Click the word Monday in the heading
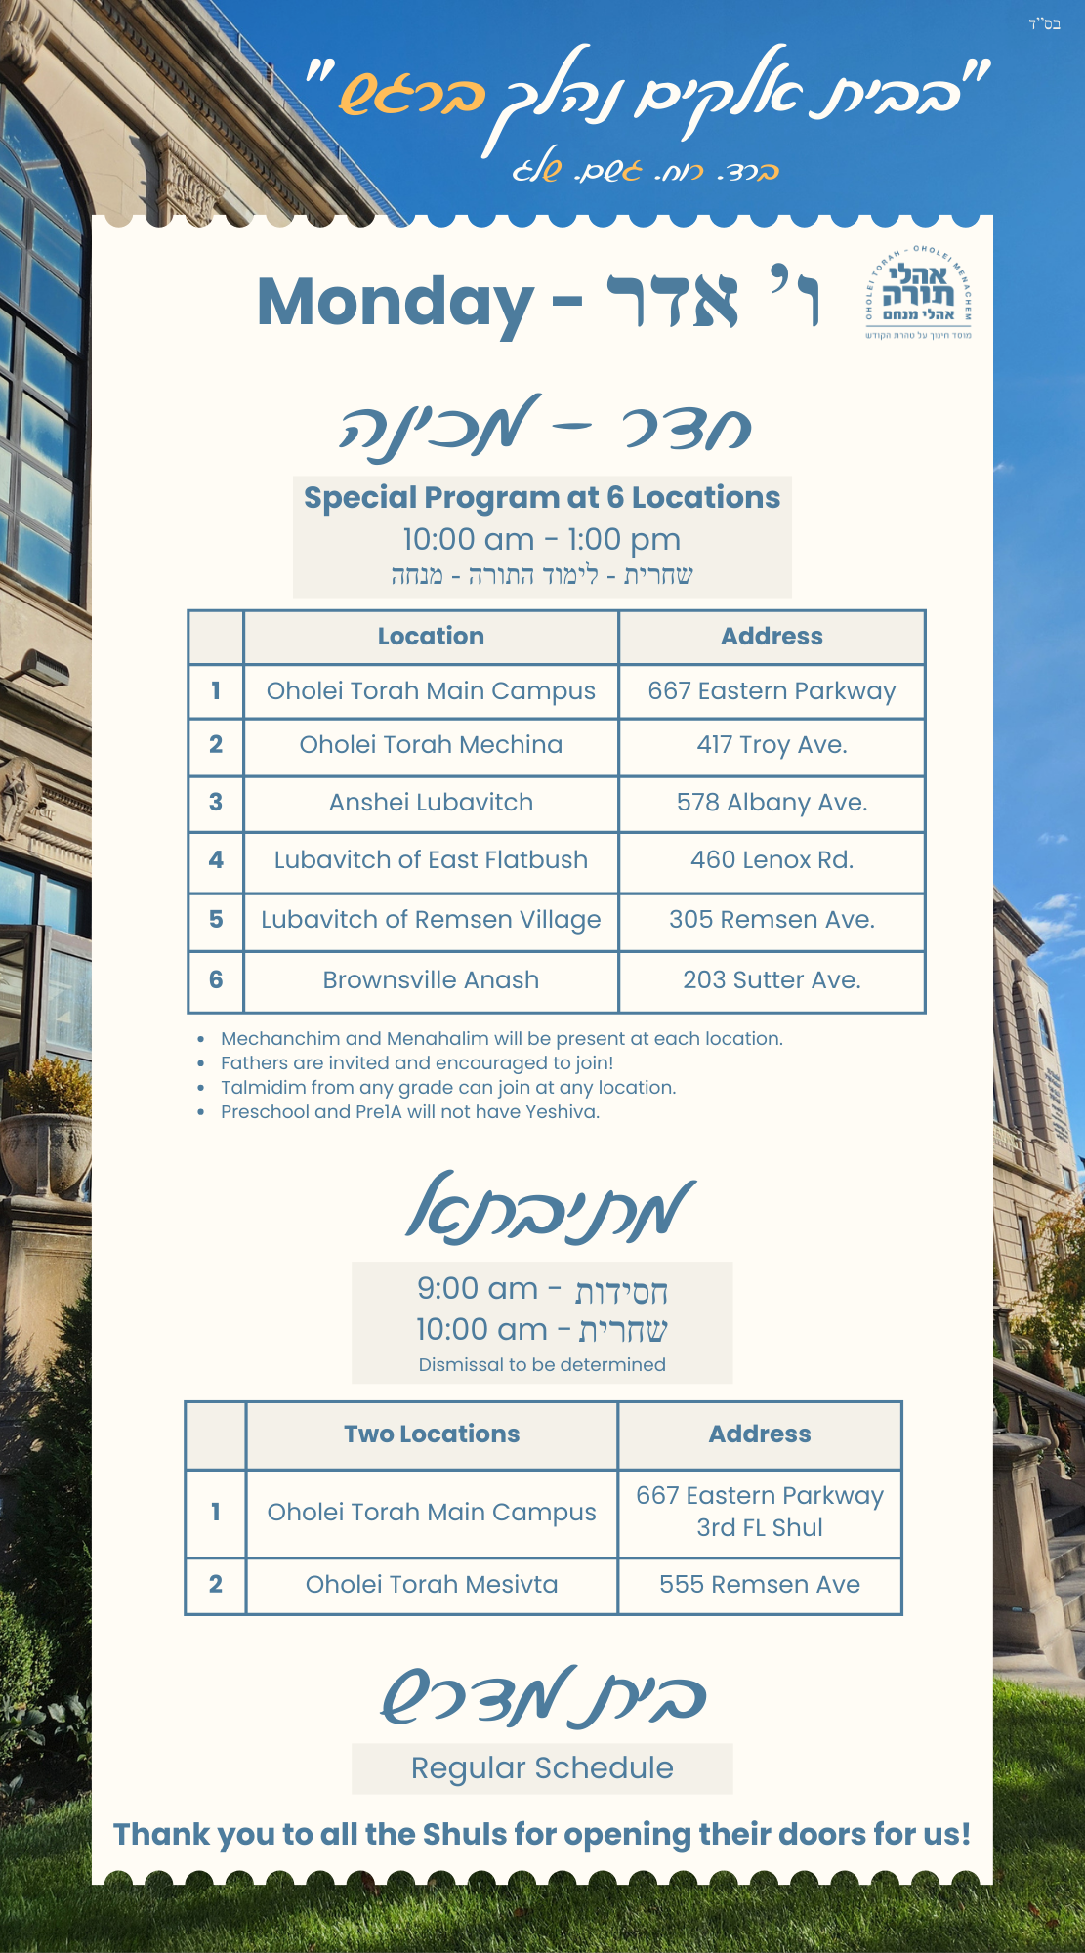(x=395, y=302)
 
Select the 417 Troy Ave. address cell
(x=772, y=745)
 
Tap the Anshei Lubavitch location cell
(x=431, y=803)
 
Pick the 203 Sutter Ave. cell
(x=772, y=980)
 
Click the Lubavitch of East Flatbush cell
(x=431, y=860)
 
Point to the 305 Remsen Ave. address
(x=772, y=920)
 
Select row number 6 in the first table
(x=216, y=980)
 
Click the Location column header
(x=431, y=637)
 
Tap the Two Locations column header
(x=431, y=1434)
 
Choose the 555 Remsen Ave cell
(x=759, y=1585)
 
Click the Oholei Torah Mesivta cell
(x=431, y=1585)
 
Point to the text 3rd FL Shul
(x=759, y=1528)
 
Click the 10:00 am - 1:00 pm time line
(x=542, y=539)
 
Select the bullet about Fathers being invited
(x=417, y=1063)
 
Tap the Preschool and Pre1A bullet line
(x=410, y=1112)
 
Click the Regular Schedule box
(x=542, y=1768)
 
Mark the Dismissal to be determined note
(x=542, y=1365)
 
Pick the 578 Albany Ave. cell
(x=772, y=803)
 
